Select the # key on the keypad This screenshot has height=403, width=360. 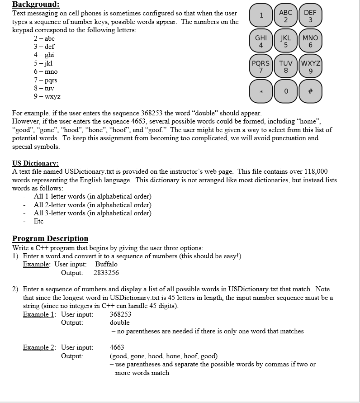310,90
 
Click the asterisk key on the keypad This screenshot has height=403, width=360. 261,90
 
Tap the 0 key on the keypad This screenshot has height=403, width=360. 285,90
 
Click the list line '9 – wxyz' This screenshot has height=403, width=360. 47,97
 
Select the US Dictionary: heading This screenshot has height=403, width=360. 36,163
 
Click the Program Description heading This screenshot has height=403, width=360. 50,238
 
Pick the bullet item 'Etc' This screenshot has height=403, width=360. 38,222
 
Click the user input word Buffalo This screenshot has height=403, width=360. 106,264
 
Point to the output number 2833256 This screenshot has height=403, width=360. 106,273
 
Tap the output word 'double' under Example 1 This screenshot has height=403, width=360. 119,323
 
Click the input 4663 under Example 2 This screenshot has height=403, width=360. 117,348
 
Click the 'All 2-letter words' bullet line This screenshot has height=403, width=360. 93,205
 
